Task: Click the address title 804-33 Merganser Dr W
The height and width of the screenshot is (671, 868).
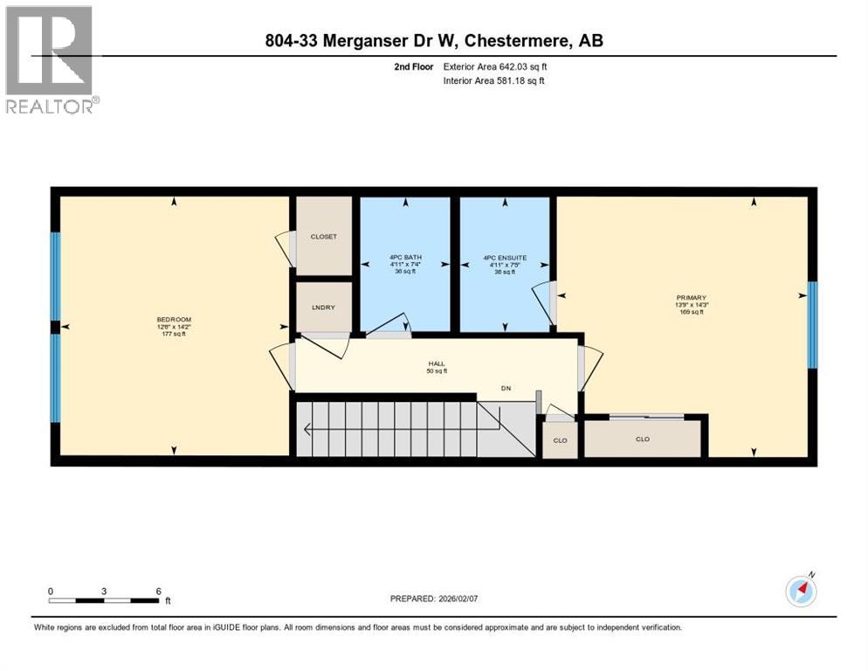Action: click(433, 40)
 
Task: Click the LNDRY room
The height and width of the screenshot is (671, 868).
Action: click(324, 307)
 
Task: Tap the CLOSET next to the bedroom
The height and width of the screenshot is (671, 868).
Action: click(324, 237)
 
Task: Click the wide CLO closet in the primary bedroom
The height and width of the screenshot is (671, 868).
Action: click(643, 439)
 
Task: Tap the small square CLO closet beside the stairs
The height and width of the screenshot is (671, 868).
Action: click(560, 440)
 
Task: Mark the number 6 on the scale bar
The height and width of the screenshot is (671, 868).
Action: click(158, 591)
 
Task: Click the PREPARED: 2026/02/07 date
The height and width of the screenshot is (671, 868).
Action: click(434, 598)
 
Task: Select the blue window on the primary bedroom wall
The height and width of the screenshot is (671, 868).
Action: click(811, 324)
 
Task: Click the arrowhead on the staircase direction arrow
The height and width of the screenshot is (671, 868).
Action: click(307, 429)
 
